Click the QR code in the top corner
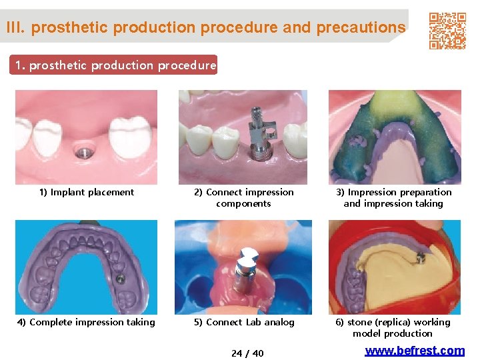[x=447, y=31]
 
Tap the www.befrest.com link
[x=415, y=351]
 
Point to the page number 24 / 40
[x=247, y=353]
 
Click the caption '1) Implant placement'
[x=86, y=192]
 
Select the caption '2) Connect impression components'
[x=243, y=197]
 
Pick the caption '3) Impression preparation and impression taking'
[x=393, y=197]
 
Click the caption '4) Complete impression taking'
[x=86, y=322]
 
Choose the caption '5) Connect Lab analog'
[x=244, y=322]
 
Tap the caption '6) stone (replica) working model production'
[x=393, y=327]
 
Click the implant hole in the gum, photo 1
[x=82, y=151]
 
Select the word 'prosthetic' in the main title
[x=69, y=27]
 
